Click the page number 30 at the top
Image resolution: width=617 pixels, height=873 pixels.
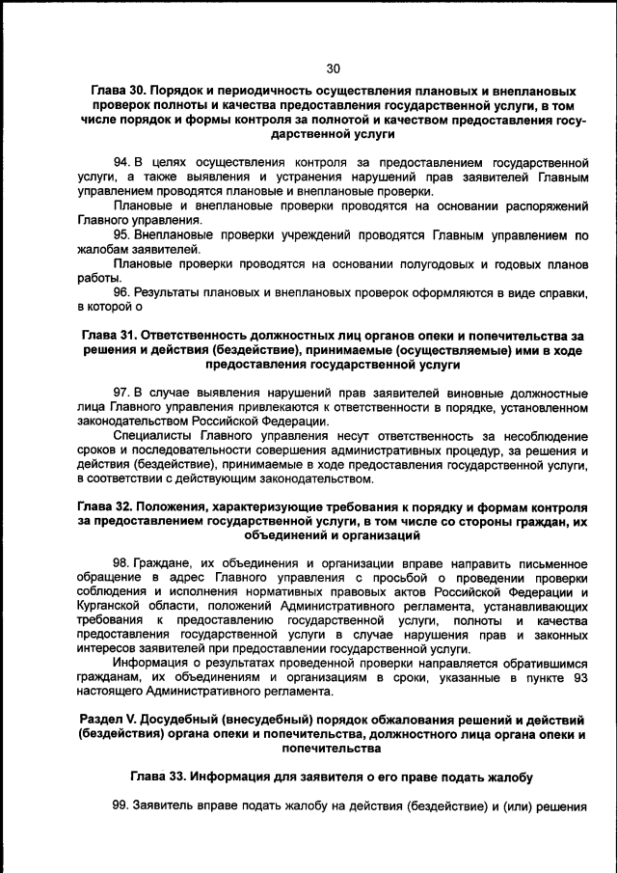pyautogui.click(x=334, y=68)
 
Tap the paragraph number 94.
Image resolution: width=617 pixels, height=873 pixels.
pyautogui.click(x=122, y=160)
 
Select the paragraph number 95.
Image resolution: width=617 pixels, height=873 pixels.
pyautogui.click(x=122, y=233)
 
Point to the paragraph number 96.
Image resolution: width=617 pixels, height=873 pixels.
pyautogui.click(x=122, y=291)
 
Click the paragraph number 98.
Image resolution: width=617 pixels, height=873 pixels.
pyautogui.click(x=122, y=562)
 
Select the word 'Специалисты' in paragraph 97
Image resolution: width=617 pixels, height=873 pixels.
pyautogui.click(x=151, y=435)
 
